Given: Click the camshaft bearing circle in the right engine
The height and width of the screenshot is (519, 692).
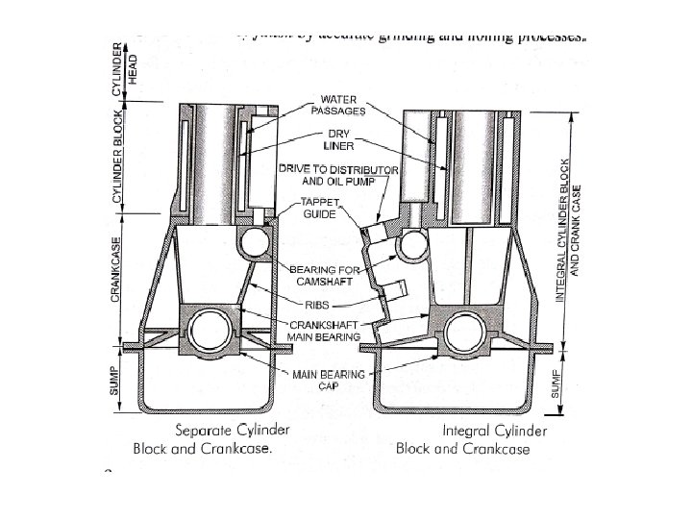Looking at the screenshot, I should pos(415,247).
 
